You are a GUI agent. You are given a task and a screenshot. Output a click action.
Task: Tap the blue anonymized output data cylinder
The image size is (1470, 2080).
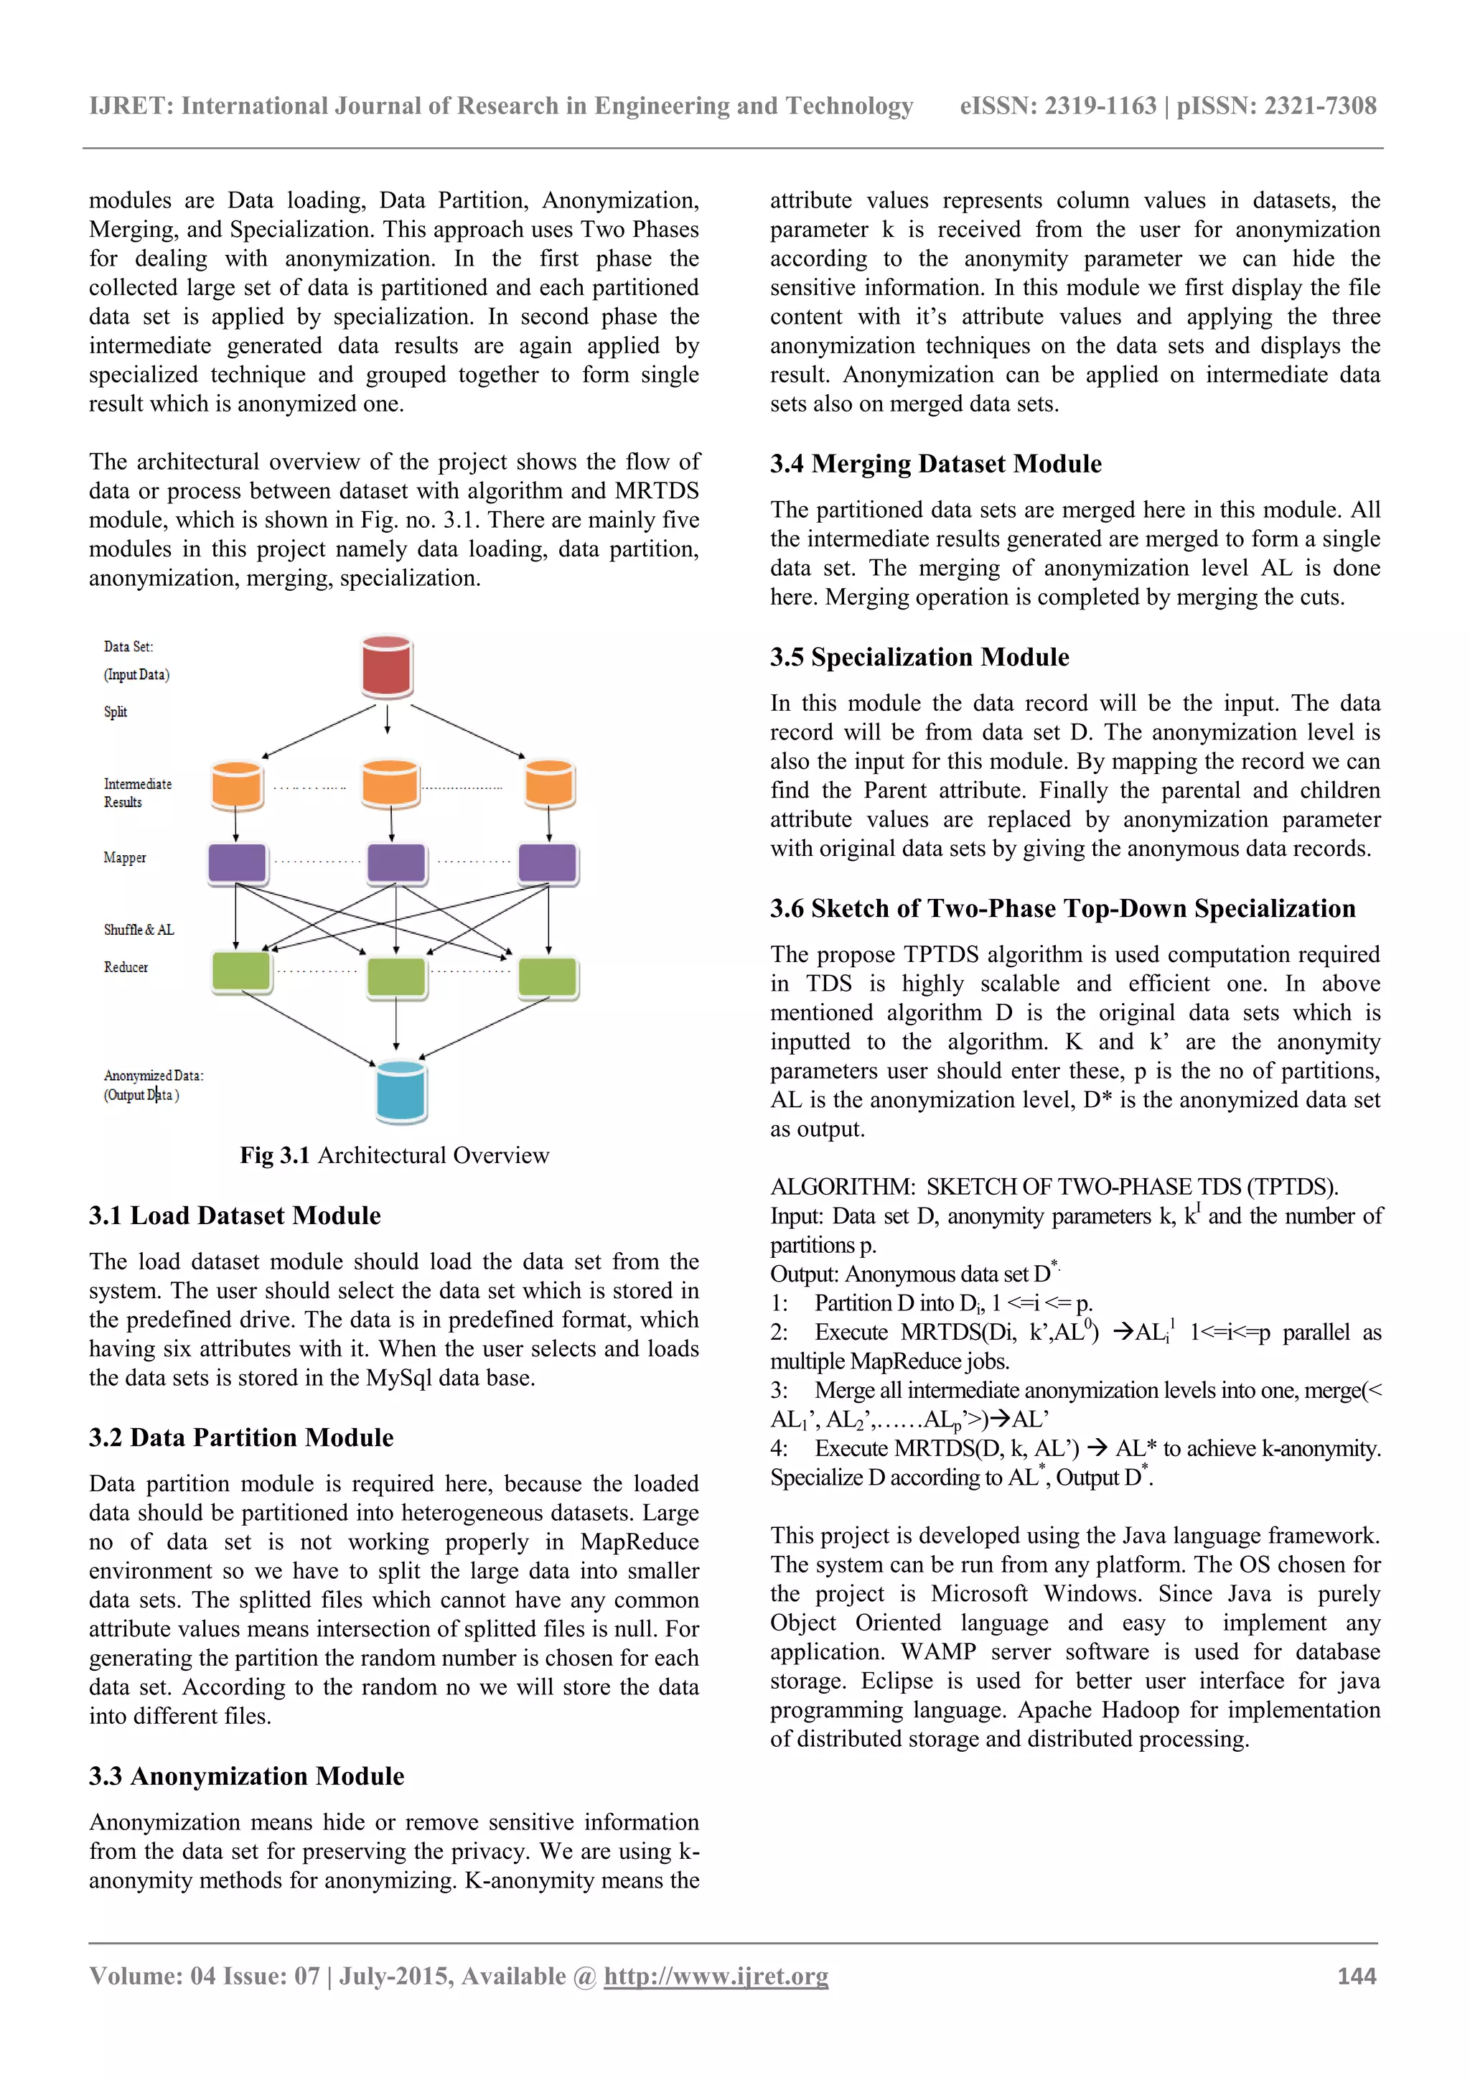(401, 1091)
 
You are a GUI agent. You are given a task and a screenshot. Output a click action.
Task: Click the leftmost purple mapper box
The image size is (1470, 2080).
(238, 862)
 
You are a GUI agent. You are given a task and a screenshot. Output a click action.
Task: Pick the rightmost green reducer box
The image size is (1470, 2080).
(548, 977)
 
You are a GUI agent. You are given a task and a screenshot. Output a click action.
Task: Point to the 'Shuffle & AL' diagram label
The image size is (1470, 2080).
(139, 930)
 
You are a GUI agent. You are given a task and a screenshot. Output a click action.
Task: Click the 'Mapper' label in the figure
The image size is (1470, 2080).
(125, 857)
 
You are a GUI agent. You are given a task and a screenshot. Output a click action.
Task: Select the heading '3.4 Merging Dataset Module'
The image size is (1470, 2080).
(936, 464)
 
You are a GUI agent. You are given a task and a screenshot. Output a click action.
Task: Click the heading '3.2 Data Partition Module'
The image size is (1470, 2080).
(241, 1437)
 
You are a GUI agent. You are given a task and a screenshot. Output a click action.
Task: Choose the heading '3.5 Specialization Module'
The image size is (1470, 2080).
(919, 657)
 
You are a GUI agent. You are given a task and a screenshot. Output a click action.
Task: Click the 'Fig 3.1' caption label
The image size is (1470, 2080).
(274, 1155)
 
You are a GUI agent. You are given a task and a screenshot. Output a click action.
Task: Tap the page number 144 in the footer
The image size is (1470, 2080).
(1356, 1975)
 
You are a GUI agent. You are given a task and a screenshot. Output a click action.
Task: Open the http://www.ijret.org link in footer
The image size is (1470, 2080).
(716, 1976)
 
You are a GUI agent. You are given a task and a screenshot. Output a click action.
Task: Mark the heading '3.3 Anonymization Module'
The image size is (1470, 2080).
(246, 1776)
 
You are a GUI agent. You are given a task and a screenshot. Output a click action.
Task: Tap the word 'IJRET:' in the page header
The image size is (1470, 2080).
(131, 106)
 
